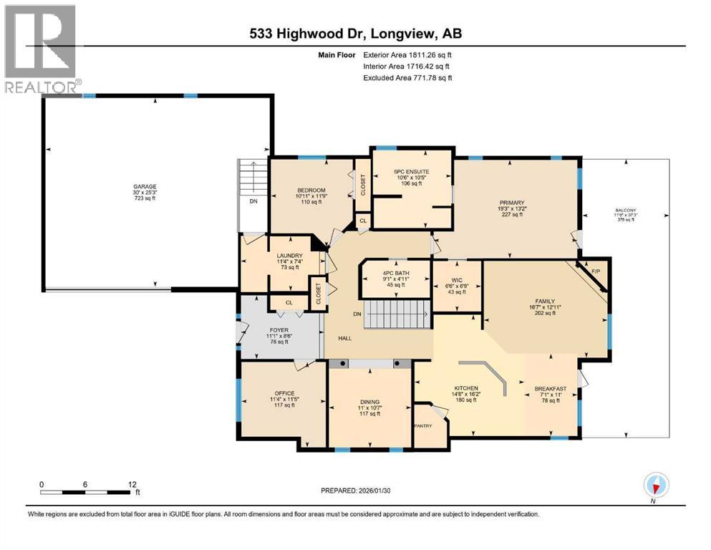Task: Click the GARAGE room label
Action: point(144,186)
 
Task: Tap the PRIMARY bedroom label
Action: point(512,203)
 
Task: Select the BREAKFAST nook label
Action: point(550,389)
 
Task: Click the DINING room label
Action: point(369,402)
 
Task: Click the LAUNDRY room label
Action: point(289,256)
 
